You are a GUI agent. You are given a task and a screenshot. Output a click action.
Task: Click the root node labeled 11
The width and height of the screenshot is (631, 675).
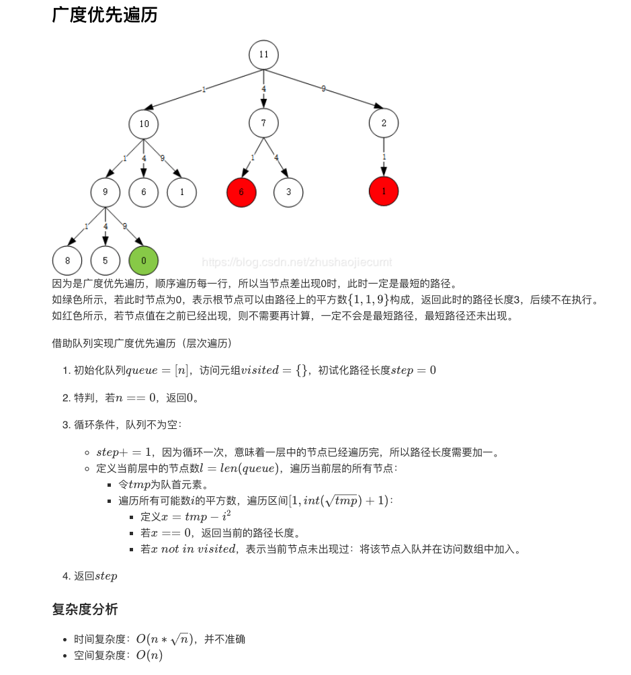[x=263, y=55]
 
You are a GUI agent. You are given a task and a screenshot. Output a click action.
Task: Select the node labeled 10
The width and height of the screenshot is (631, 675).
[x=144, y=124]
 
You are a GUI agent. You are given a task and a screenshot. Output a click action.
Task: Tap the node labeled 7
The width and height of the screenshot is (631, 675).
[x=263, y=123]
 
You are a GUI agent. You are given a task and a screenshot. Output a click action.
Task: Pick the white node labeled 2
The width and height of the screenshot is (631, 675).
[x=384, y=123]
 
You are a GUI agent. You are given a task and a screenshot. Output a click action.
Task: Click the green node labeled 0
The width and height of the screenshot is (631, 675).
[x=144, y=261]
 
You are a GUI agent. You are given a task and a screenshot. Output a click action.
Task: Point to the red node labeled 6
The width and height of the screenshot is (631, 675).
[x=242, y=192]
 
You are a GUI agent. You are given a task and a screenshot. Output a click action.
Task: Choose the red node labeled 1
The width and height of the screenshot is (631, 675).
[x=384, y=192]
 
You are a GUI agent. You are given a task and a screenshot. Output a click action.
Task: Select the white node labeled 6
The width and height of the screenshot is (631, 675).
[x=144, y=192]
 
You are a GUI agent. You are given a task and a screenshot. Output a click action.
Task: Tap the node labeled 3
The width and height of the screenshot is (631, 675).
[x=288, y=192]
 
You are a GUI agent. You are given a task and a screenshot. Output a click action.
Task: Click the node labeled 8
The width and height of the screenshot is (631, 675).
[x=67, y=261]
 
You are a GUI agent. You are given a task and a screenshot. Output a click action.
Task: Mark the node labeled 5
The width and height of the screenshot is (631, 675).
[x=106, y=261]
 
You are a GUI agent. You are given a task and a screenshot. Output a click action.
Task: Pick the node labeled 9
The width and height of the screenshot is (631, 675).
[x=106, y=192]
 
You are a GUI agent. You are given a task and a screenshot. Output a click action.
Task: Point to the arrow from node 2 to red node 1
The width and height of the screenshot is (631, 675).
[x=384, y=158]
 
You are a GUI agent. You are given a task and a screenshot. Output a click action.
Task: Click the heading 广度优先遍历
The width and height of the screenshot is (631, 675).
[x=105, y=15]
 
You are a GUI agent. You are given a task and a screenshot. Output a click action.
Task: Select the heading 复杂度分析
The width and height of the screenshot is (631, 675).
[x=85, y=609]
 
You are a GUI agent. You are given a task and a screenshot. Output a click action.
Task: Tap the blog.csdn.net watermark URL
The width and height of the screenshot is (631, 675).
[x=296, y=262]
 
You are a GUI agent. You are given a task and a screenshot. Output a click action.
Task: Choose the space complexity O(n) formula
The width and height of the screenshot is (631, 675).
[x=149, y=655]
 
